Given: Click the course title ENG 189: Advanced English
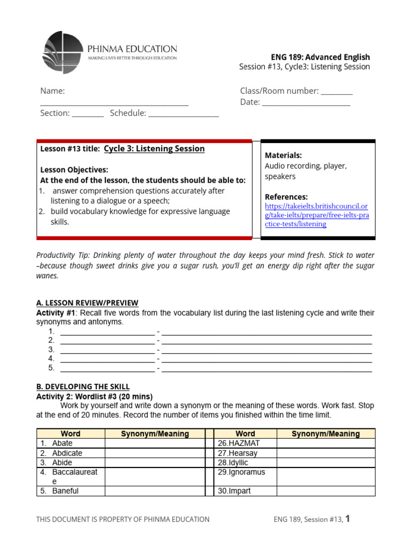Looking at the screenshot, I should pos(320,57).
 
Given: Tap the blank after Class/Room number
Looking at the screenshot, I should pos(337,92).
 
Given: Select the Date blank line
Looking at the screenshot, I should pos(306,103).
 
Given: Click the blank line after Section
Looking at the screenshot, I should pos(87,114).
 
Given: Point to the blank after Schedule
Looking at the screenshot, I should pos(184,114).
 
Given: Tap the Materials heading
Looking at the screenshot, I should pos(284,155).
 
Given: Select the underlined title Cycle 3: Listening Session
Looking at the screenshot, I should pos(154,149).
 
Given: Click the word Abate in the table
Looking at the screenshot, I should pos(62,443).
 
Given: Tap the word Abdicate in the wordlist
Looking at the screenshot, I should pos(67,453).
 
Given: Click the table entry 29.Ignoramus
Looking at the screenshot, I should pos(241,472).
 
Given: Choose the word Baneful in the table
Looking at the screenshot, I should pos(65,491).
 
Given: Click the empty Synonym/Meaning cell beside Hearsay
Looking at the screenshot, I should pos(325,453).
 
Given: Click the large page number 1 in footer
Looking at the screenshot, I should pos(348,518).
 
